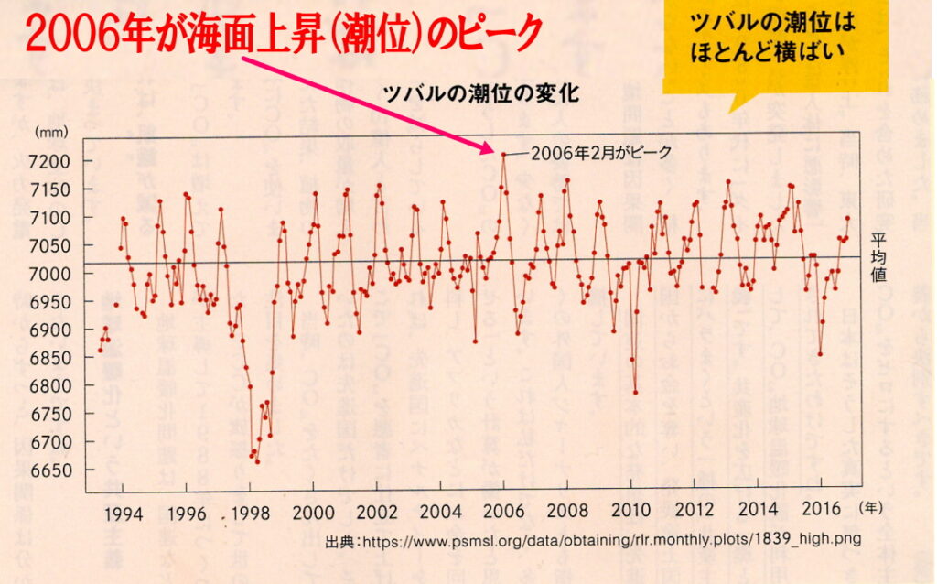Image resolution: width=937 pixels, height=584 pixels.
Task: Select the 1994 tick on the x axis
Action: tap(124, 512)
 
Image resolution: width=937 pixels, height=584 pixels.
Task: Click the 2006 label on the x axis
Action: tap(504, 512)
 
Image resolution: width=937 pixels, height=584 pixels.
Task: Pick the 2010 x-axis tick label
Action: tap(630, 512)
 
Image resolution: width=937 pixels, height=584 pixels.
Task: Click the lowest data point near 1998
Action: tap(257, 461)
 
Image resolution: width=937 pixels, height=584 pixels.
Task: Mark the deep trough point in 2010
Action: tap(635, 393)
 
